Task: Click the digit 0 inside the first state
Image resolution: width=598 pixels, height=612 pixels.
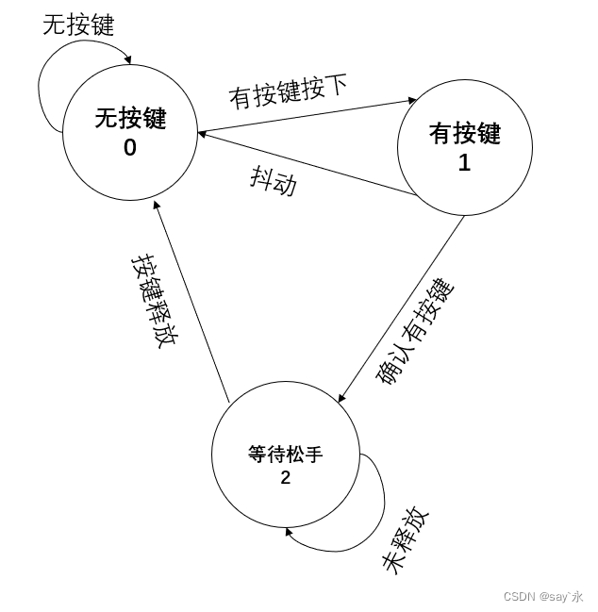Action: (129, 148)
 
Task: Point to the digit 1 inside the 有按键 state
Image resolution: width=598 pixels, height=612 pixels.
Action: (464, 163)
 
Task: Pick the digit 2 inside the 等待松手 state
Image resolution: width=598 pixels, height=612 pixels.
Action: (285, 478)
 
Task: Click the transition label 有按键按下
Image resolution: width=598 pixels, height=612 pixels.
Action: (288, 91)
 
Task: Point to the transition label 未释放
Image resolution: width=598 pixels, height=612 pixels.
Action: (405, 540)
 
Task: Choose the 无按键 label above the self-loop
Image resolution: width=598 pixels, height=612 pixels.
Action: (78, 25)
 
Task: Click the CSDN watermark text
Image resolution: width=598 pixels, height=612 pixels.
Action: (542, 596)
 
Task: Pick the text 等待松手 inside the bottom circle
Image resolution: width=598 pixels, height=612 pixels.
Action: (285, 455)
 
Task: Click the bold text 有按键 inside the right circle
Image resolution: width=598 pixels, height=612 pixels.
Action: (464, 134)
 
